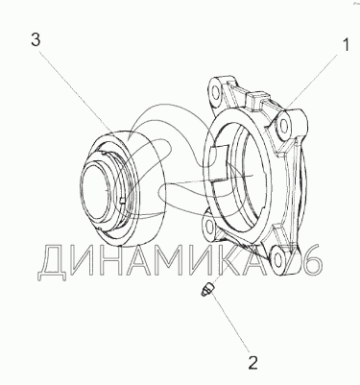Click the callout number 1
point(346,45)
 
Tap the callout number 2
point(252,363)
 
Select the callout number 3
point(36,40)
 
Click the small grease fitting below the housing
point(207,288)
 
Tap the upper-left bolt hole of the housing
point(215,92)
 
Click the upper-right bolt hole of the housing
point(283,128)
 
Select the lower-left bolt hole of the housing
point(209,226)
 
